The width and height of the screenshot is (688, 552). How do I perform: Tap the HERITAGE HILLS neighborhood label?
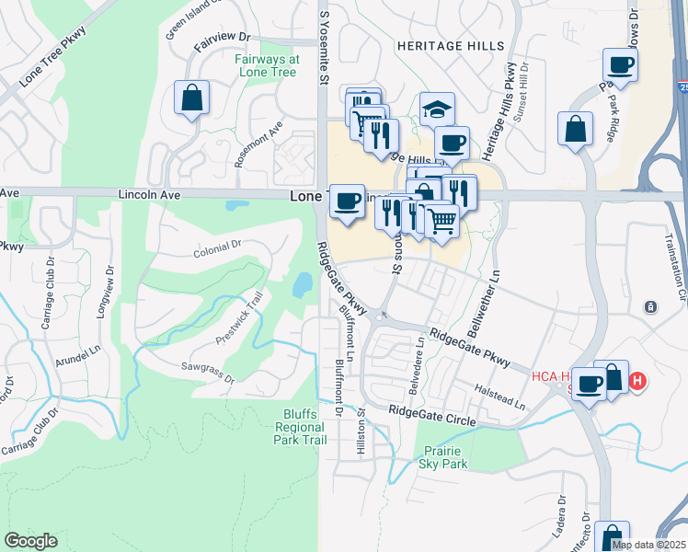(451, 46)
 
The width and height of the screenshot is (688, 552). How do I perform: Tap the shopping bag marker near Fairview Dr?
(191, 98)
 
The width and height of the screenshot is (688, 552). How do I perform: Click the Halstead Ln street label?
(500, 398)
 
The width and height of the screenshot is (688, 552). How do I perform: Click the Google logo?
(31, 541)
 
